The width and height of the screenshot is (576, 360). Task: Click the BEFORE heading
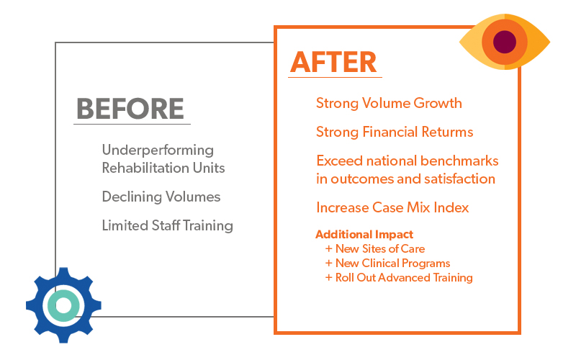[130, 109]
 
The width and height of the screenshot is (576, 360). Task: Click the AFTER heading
[333, 62]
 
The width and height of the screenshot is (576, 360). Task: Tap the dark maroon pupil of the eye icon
[505, 42]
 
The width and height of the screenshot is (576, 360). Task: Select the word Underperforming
[158, 150]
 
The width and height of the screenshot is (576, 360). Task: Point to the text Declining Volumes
[161, 197]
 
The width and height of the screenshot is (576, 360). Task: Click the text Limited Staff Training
[168, 225]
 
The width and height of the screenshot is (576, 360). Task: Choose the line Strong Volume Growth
[389, 103]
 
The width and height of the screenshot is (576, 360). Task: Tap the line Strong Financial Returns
[395, 132]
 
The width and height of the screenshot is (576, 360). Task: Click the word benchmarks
[459, 161]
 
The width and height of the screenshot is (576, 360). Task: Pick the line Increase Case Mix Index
[392, 207]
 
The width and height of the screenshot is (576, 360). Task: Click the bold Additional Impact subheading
[364, 235]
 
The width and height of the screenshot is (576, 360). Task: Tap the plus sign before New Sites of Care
[329, 248]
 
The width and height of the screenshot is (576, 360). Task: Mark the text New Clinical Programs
[392, 263]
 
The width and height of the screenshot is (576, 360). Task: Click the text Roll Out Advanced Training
[404, 277]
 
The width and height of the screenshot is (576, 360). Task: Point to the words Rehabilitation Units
[163, 168]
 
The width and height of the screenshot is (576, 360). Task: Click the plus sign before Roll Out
[329, 277]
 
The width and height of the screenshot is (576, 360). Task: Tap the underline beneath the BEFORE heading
[132, 124]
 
